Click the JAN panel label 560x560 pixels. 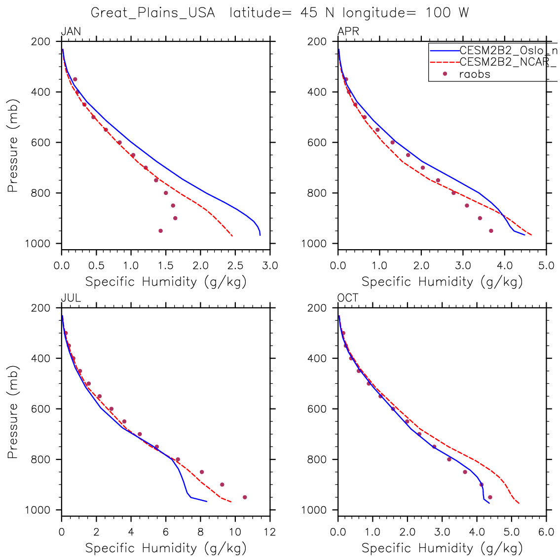pos(71,32)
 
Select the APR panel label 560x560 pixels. pos(348,32)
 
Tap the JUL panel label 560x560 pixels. pos(71,298)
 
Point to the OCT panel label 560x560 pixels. pos(348,298)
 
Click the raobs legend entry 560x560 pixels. pos(474,74)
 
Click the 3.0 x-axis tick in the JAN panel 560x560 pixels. pos(270,266)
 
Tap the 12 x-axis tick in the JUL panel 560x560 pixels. pos(270,532)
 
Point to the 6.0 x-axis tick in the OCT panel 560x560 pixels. pos(546,532)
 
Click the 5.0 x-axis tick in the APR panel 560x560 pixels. pos(546,266)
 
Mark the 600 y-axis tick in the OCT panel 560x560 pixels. pos(321,409)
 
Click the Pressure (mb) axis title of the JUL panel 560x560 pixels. pos(13,412)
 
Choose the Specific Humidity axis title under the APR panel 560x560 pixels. pos(442,282)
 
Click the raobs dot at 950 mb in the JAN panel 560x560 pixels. pos(160,230)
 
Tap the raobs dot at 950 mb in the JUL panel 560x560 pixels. pos(245,497)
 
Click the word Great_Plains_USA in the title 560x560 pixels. pos(153,13)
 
